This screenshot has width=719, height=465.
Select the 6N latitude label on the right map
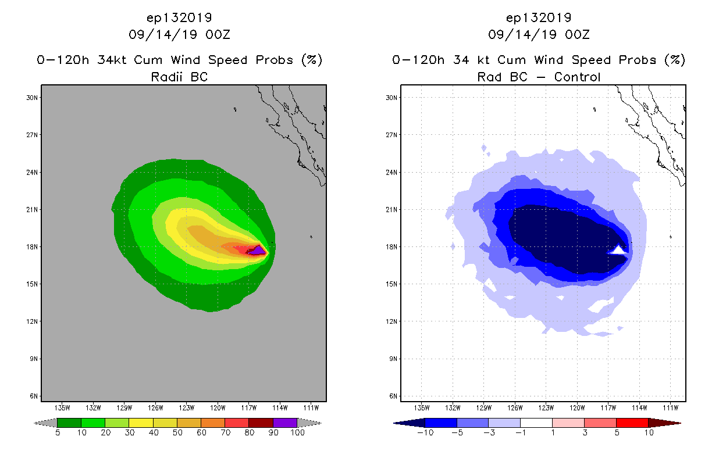coord(392,396)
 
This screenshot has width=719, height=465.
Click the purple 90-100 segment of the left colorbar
coord(285,423)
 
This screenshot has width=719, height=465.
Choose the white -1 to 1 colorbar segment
coord(536,423)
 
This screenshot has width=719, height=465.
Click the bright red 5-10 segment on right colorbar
coord(632,423)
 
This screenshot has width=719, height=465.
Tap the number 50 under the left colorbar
coord(177,432)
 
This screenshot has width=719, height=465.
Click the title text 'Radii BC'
coord(179,76)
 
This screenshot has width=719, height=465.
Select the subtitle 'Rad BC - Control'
coord(539,76)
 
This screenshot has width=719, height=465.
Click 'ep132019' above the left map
coord(179,17)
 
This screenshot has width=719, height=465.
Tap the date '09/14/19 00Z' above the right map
coord(539,34)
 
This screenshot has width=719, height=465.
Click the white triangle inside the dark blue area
coord(618,250)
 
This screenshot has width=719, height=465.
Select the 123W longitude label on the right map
coord(546,407)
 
